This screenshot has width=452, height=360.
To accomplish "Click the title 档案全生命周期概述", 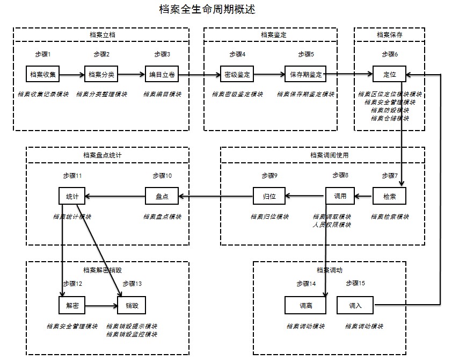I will (207, 10).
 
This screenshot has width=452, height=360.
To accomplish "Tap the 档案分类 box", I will (101, 74).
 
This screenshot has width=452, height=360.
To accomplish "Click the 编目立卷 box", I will (162, 74).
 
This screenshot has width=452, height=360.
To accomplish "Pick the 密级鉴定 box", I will (236, 74).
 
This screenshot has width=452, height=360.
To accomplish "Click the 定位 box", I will (389, 74).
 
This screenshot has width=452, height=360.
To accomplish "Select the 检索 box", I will (389, 196).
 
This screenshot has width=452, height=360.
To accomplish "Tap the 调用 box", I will (340, 196).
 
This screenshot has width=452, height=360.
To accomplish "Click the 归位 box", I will (269, 196).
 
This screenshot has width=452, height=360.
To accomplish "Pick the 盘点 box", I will (162, 196).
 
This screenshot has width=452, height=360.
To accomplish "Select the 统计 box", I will (72, 196).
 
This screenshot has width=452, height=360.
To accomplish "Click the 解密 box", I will (72, 306).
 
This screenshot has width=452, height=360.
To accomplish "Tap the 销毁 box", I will (132, 306).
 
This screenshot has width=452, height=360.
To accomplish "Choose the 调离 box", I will (305, 306).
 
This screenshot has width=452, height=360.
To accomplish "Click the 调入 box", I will (355, 306).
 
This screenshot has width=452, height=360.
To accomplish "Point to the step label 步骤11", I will (72, 176).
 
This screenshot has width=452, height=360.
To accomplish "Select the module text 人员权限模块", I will (331, 225).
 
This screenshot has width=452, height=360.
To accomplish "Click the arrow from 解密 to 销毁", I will (102, 306).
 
